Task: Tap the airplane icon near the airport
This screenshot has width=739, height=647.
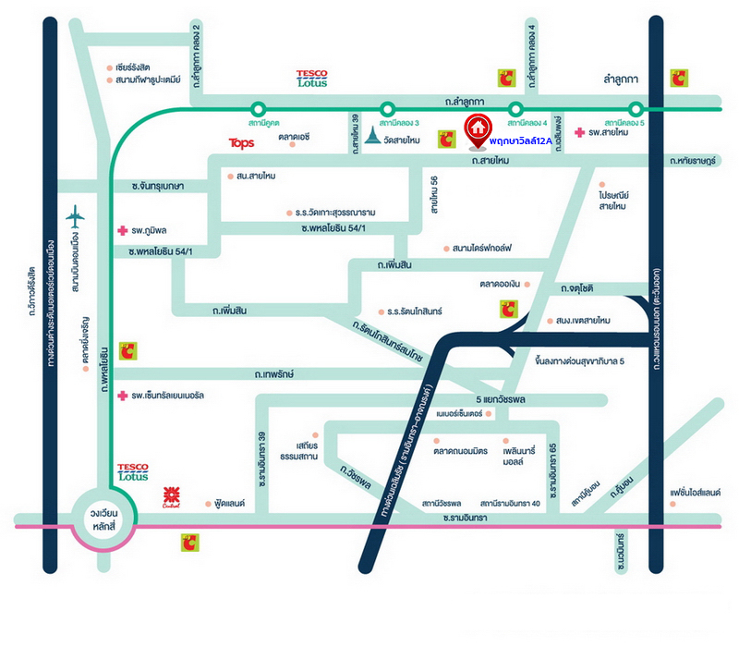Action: [76, 218]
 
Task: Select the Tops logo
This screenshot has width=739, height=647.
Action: [241, 143]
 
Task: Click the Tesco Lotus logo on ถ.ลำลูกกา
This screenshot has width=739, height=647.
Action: [311, 79]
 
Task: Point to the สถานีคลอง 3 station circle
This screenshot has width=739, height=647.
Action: [385, 108]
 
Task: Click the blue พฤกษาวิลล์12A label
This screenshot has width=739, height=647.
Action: [520, 140]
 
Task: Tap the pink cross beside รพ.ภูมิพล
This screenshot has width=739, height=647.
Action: [121, 229]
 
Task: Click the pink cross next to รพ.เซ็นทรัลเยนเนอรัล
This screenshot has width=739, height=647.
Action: [122, 396]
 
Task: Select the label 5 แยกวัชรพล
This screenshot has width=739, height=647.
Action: [506, 400]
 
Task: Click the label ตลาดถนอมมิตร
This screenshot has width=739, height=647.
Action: [461, 450]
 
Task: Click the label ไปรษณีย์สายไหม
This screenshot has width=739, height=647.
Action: [612, 201]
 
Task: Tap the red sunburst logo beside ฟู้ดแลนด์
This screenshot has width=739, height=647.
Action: [170, 495]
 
